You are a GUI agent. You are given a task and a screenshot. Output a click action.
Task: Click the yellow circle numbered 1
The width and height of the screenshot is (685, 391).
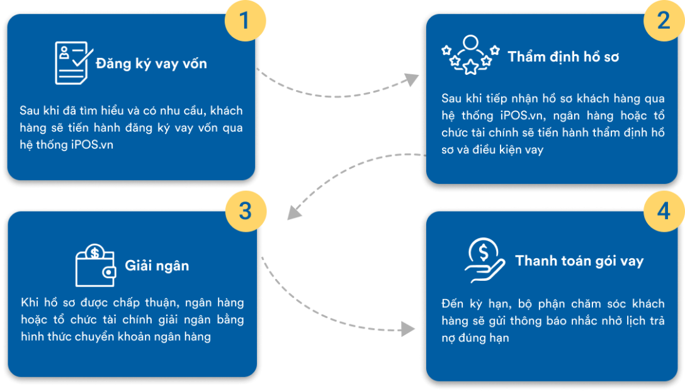tap(244, 19)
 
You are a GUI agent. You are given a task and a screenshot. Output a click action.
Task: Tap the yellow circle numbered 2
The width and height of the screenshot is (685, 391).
tap(662, 20)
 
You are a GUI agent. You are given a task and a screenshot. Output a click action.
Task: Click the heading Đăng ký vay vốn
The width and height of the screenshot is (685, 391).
tap(151, 64)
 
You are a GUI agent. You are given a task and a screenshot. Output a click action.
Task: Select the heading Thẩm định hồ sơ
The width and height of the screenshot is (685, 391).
tap(563, 57)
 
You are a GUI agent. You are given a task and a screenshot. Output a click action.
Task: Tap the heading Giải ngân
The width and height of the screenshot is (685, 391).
tap(156, 266)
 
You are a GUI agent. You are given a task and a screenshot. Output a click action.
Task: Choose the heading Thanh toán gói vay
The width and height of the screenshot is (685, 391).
tap(579, 261)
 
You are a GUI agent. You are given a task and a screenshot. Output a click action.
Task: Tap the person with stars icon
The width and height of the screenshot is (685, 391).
tap(470, 55)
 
